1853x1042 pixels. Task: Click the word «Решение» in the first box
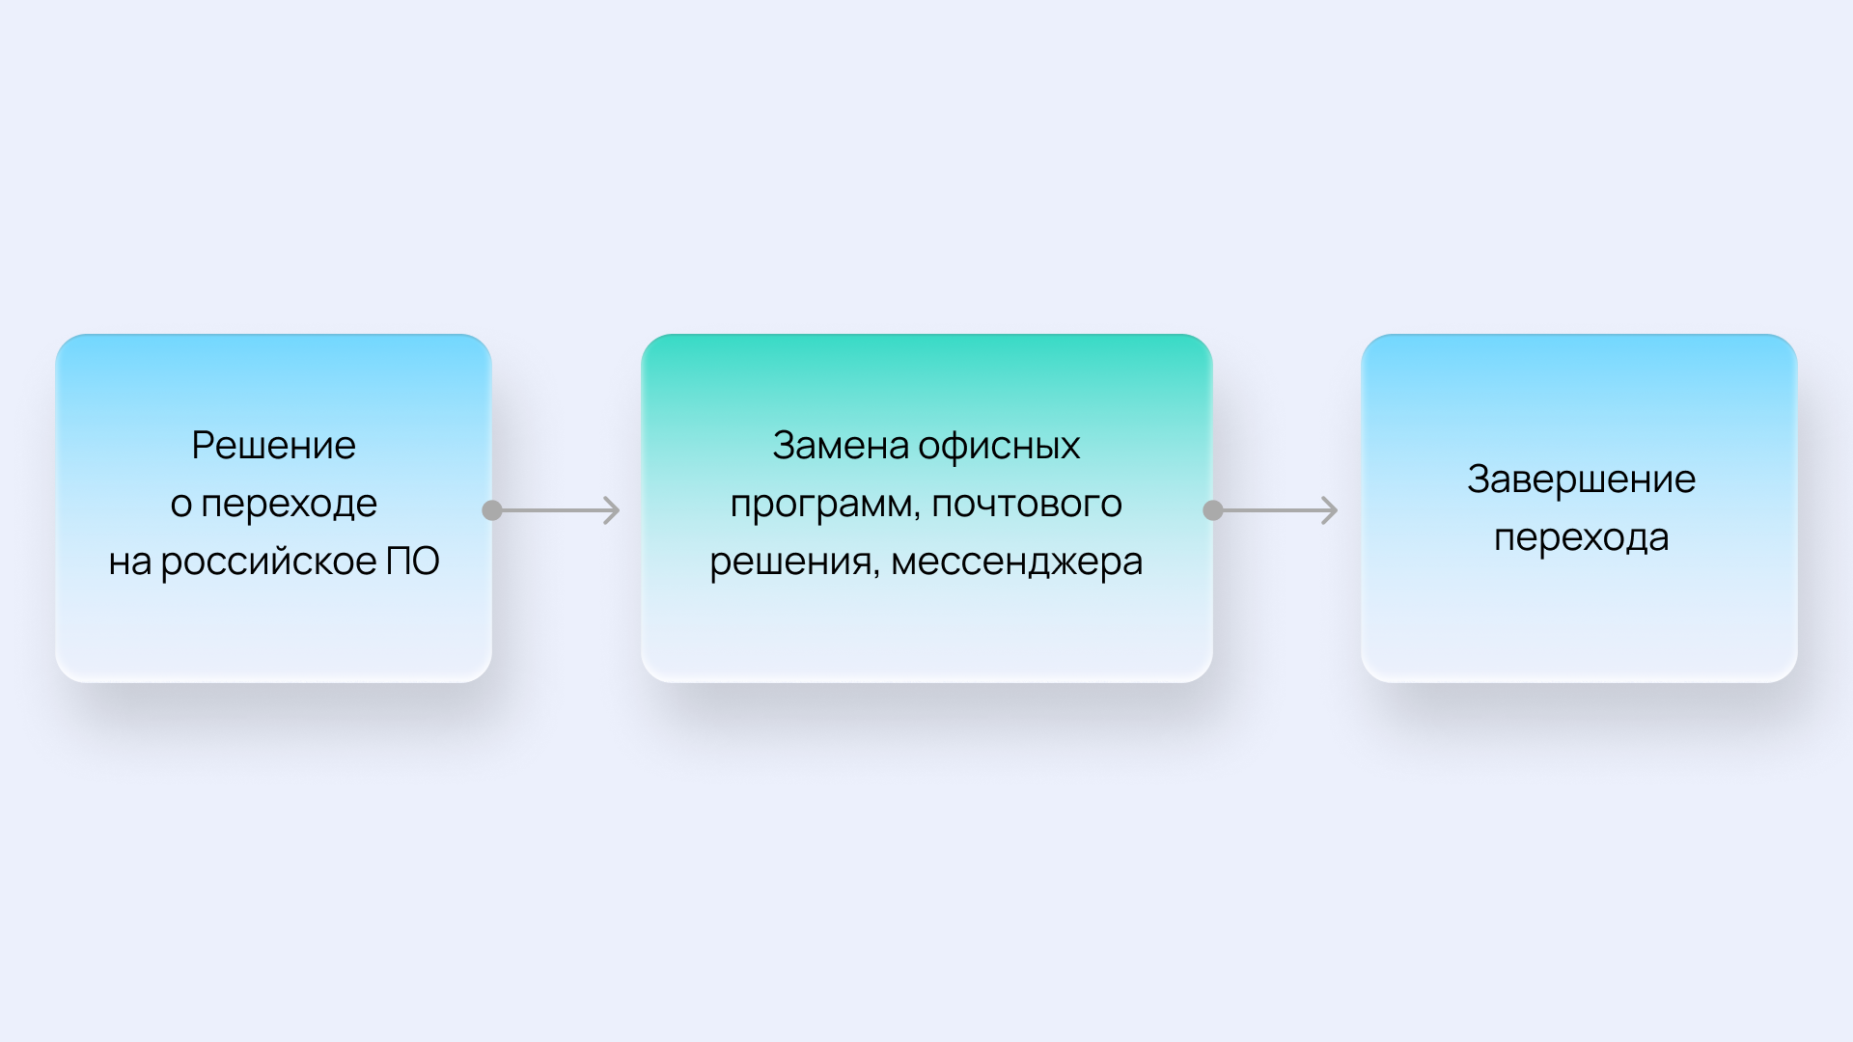click(274, 446)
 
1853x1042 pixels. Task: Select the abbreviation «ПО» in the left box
click(413, 562)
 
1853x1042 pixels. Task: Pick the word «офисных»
click(999, 447)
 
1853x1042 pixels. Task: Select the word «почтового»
click(1027, 505)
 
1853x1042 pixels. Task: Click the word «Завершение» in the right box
click(1582, 480)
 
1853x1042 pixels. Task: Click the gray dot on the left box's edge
click(492, 510)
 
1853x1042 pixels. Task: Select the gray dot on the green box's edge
click(1213, 510)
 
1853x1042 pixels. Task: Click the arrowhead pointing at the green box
click(612, 510)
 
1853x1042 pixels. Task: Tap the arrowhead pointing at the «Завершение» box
click(1330, 510)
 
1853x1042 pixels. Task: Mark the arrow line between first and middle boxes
click(556, 510)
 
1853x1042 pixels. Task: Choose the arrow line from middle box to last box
click(1276, 510)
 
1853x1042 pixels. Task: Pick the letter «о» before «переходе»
click(181, 506)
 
